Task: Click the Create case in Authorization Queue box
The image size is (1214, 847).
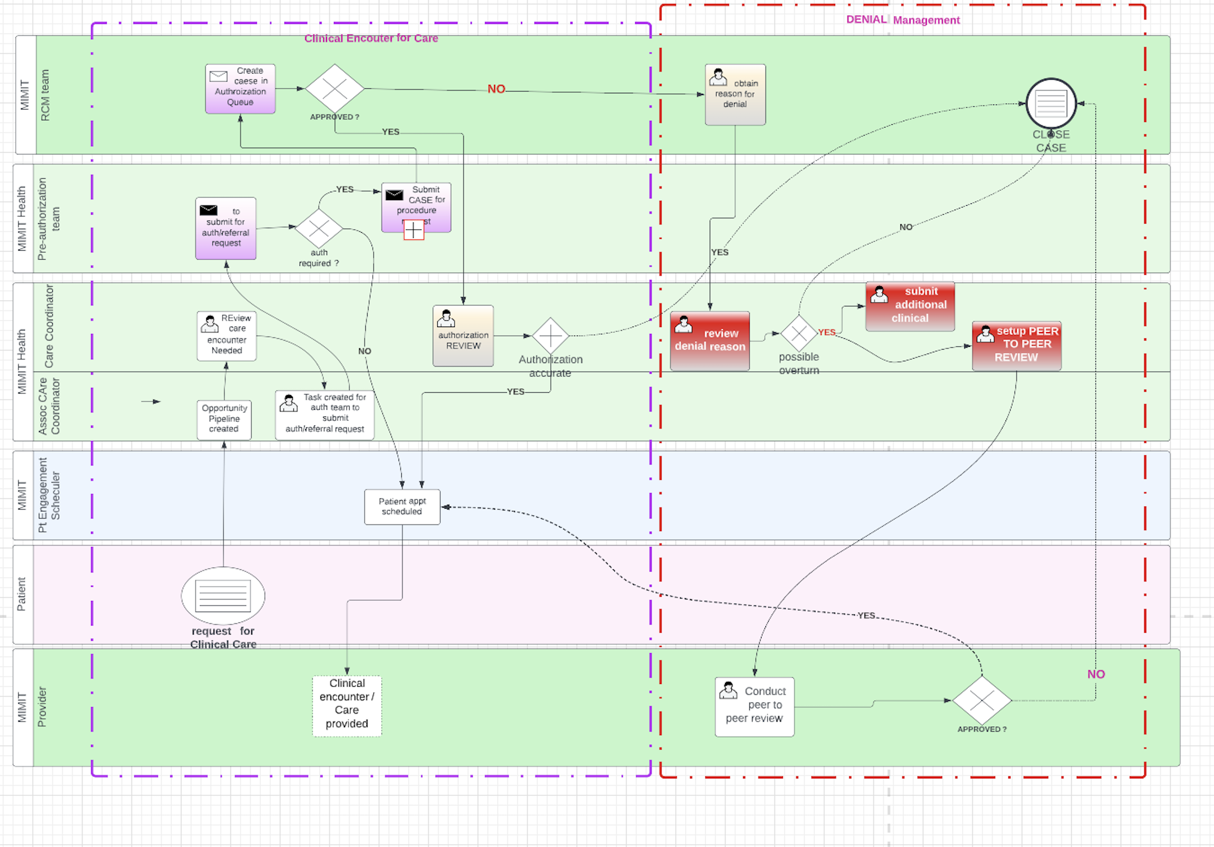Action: (x=240, y=89)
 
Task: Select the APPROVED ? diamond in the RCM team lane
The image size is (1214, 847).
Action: (x=335, y=88)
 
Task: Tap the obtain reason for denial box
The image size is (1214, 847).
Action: (x=735, y=94)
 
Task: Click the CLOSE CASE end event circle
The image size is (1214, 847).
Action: (x=1051, y=103)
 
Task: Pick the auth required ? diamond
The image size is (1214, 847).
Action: (x=319, y=228)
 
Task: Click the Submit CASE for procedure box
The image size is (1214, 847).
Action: (x=416, y=207)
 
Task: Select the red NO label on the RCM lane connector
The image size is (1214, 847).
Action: (x=496, y=89)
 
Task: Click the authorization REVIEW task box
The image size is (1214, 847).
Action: (x=463, y=336)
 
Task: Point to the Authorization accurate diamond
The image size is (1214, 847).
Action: (x=550, y=336)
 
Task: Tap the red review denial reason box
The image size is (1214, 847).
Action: (x=710, y=341)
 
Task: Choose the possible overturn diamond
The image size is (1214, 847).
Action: (x=799, y=333)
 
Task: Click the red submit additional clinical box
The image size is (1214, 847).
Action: (x=910, y=306)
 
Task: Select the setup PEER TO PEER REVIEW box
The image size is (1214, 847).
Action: (x=1017, y=346)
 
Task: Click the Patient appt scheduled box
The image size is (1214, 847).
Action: (x=402, y=506)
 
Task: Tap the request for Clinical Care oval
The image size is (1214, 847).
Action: (x=223, y=595)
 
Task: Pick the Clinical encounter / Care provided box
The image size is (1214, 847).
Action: (x=347, y=705)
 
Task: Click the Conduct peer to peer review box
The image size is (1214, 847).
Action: (x=754, y=706)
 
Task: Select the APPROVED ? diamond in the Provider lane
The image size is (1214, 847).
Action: (x=982, y=700)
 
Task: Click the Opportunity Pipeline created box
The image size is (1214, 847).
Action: (x=224, y=419)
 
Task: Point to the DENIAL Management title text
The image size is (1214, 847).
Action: (x=903, y=20)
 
